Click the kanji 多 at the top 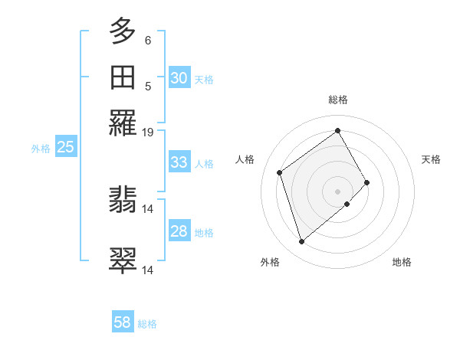(123, 31)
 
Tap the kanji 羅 (123, 123)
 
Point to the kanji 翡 (123, 201)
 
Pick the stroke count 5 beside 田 (148, 86)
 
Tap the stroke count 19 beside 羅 (148, 132)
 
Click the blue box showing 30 (179, 78)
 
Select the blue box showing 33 (179, 162)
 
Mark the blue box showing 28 (179, 231)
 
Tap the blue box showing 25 (65, 148)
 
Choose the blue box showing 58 (123, 322)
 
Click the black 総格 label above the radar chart (337, 100)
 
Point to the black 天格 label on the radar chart (431, 159)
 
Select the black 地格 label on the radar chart (402, 262)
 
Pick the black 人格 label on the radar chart (245, 159)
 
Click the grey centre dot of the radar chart (337, 191)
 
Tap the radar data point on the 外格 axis (301, 242)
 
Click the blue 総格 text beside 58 (147, 324)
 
